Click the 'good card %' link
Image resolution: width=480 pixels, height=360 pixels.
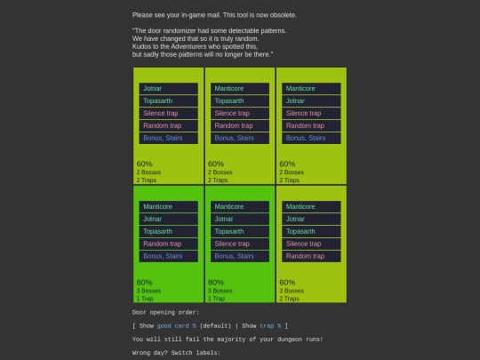[x=177, y=325]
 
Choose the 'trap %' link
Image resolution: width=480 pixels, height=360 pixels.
[x=270, y=325]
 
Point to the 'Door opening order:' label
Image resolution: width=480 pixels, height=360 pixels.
[x=165, y=312]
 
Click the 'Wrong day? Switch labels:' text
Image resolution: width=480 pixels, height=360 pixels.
[x=176, y=353]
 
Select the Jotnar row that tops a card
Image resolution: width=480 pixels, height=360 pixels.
[x=168, y=89]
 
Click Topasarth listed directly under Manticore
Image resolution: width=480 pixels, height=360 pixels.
[x=240, y=100]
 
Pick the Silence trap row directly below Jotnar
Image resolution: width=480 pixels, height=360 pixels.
[x=311, y=113]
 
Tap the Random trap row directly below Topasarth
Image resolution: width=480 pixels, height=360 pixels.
[x=168, y=244]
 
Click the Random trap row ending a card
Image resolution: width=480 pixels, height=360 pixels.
[x=311, y=256]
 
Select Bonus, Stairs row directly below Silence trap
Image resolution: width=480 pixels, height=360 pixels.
[x=240, y=256]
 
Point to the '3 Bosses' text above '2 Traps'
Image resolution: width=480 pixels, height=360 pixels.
[x=292, y=291]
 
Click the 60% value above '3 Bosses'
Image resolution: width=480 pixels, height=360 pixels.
[x=287, y=283]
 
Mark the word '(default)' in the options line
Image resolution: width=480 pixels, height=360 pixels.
[x=215, y=325]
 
